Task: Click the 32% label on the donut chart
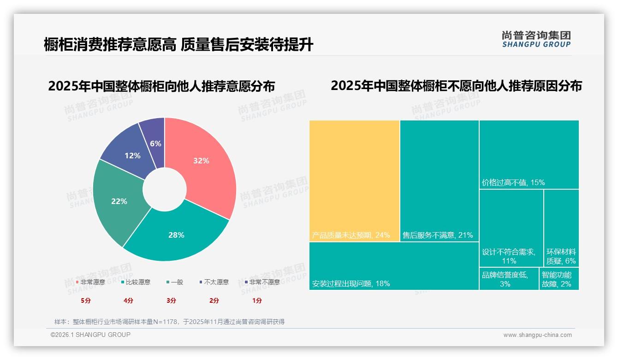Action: (201, 161)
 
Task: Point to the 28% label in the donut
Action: (176, 235)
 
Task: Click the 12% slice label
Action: (132, 156)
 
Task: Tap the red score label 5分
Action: (86, 300)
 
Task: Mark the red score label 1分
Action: (257, 300)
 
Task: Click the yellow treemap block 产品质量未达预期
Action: (354, 180)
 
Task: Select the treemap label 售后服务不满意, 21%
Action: (438, 235)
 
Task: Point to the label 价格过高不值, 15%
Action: (513, 182)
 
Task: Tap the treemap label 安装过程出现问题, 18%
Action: (351, 283)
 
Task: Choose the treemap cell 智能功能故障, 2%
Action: (559, 279)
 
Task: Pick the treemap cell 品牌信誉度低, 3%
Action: (509, 279)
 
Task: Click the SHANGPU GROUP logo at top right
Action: (536, 39)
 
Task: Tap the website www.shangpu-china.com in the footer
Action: (537, 335)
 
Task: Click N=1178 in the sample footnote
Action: (165, 322)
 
